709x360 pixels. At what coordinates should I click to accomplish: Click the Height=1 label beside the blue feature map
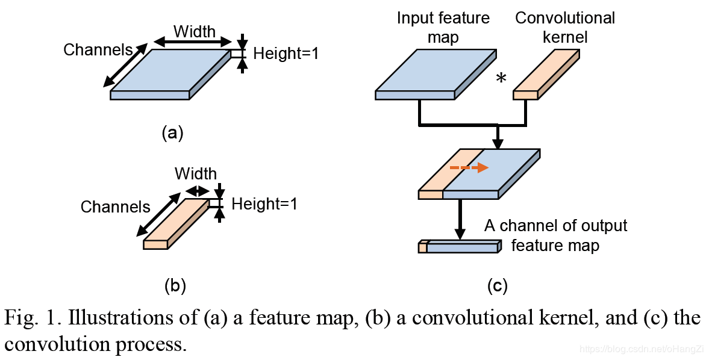pyautogui.click(x=286, y=54)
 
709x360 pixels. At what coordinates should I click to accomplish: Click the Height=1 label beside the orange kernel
pyautogui.click(x=264, y=204)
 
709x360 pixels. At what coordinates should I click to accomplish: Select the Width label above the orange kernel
pyautogui.click(x=196, y=174)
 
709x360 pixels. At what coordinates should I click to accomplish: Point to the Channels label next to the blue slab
pyautogui.click(x=98, y=49)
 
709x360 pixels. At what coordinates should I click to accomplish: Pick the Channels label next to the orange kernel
pyautogui.click(x=115, y=207)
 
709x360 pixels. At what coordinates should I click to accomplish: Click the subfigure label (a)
pyautogui.click(x=172, y=133)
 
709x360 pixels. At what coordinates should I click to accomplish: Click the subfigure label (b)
pyautogui.click(x=175, y=287)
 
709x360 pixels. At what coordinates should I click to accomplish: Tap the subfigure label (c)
pyautogui.click(x=498, y=287)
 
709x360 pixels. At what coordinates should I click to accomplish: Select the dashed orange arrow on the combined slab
pyautogui.click(x=469, y=168)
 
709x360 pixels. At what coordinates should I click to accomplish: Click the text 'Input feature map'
pyautogui.click(x=444, y=28)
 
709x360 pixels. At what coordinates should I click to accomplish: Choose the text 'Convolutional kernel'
pyautogui.click(x=565, y=28)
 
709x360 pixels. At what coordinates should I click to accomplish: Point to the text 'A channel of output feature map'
pyautogui.click(x=555, y=235)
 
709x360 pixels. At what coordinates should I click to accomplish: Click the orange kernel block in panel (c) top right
pyautogui.click(x=545, y=75)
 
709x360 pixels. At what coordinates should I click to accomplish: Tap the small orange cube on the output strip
pyautogui.click(x=423, y=247)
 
